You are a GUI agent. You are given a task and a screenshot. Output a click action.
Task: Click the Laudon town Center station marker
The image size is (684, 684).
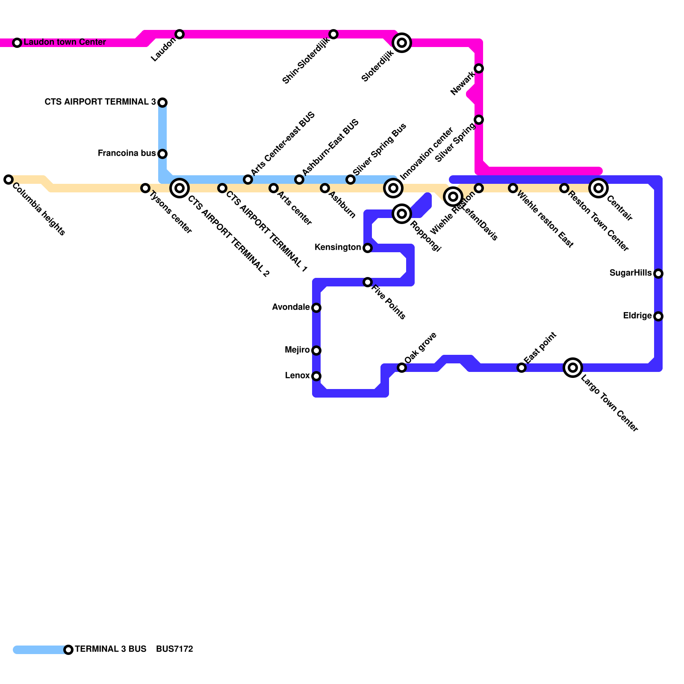coord(17,43)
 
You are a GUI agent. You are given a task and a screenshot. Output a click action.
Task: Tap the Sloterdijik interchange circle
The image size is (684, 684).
coord(402,43)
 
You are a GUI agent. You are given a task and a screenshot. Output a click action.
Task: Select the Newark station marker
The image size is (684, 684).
coord(479,68)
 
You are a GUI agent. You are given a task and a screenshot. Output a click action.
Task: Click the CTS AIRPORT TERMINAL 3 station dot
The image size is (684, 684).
coord(162,103)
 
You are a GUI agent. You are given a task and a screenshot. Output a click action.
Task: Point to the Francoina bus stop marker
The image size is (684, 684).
coord(162,154)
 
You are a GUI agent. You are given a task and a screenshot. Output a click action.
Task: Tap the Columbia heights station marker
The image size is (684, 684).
coord(9,180)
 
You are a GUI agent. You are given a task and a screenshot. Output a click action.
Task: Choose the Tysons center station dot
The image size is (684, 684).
coord(145,188)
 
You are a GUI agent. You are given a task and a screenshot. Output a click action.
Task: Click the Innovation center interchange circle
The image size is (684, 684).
coord(393,188)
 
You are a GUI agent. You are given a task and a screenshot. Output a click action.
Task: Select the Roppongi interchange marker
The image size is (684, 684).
coord(402,214)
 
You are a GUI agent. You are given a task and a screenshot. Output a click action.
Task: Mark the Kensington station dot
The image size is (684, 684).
coord(368,248)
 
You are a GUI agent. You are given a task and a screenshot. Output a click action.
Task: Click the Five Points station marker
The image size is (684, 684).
coord(368,282)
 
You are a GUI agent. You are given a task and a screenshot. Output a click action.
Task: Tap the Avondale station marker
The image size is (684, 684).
coord(316,308)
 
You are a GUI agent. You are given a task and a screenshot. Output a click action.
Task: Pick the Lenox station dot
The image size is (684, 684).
coord(316,376)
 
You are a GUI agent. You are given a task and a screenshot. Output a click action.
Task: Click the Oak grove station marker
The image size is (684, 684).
coord(402,368)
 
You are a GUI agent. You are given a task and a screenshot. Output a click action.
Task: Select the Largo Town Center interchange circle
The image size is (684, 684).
coord(573,368)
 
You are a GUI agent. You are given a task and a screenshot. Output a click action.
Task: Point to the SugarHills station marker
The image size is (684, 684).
coord(658,274)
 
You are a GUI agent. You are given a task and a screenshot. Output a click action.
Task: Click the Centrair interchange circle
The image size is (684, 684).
coord(598,188)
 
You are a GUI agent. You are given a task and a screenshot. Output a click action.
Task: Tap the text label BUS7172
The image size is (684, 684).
coord(174,649)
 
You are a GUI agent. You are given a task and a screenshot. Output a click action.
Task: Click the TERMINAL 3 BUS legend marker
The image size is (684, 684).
coord(68,650)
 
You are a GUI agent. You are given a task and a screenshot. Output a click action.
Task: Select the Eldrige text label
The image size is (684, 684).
coord(637,316)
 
